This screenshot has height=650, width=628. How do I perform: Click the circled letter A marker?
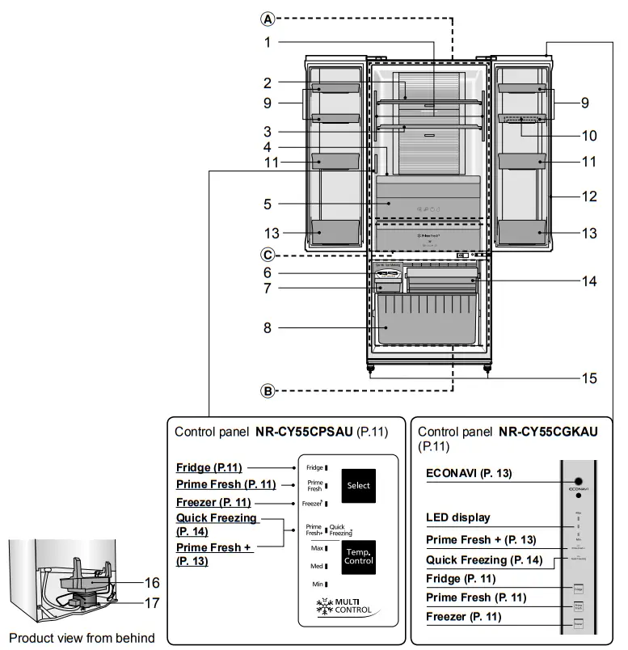tap(267, 18)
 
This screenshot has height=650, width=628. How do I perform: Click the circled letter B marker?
tap(267, 391)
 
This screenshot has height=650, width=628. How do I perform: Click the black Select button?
tap(358, 486)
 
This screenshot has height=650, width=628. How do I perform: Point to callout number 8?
tap(267, 328)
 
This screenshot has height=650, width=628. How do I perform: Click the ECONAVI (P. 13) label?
tap(468, 473)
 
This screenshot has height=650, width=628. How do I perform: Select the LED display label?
tap(457, 517)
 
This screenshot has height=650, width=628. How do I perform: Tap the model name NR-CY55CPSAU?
tap(305, 432)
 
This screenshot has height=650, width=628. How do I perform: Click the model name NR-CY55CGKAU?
tap(548, 432)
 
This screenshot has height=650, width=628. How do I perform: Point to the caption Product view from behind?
tap(81, 638)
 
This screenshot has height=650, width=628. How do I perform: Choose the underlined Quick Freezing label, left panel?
tap(216, 518)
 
